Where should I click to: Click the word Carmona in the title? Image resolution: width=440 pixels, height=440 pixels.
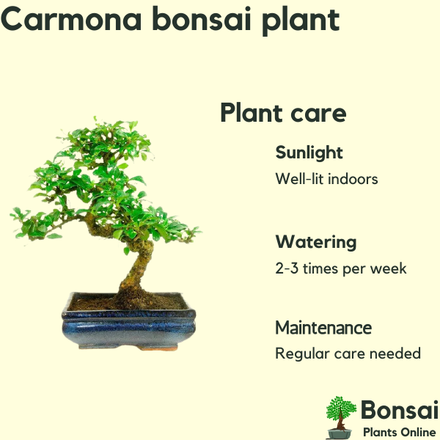[x=71, y=19]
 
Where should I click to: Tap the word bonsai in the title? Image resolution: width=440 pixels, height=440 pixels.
[x=202, y=19]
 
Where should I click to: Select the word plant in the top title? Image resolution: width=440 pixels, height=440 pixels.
[x=301, y=21]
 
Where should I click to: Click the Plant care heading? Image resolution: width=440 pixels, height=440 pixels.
[x=283, y=113]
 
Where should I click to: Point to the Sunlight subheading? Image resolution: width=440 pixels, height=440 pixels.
[x=309, y=153]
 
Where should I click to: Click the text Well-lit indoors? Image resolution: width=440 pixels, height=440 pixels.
[x=326, y=178]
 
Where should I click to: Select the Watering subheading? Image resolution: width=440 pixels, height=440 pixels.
[x=316, y=242]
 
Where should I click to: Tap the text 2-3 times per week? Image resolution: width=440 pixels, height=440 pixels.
[x=341, y=268]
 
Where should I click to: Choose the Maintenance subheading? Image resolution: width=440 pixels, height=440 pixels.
[x=323, y=328]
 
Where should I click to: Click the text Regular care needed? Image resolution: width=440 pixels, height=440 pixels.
[x=348, y=353]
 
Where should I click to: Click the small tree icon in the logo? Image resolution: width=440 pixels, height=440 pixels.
[x=340, y=417]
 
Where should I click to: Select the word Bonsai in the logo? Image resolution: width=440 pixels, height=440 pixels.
[x=400, y=410]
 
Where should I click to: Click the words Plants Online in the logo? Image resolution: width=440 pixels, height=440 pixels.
[x=400, y=432]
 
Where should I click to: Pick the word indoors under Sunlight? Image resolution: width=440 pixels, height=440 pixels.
[x=353, y=178]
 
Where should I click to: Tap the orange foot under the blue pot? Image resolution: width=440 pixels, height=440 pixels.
[x=158, y=348]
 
